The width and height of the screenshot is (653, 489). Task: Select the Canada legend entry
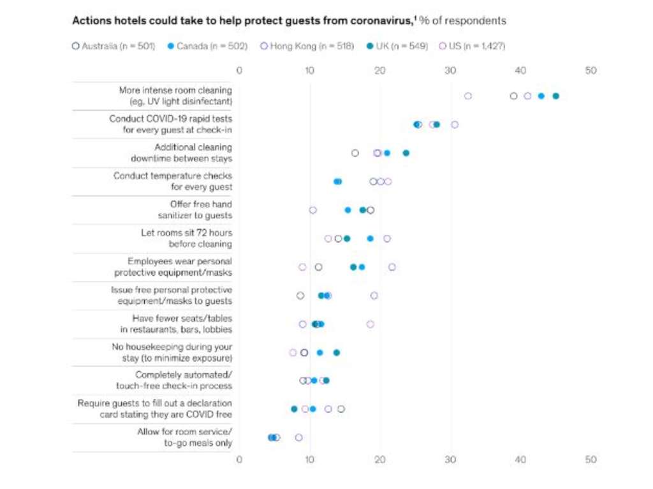point(207,46)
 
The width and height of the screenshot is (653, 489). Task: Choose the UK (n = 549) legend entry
point(397,46)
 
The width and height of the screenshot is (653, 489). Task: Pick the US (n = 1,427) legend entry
point(472,46)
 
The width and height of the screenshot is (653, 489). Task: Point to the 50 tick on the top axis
point(591,71)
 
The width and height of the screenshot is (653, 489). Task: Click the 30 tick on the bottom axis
point(450,459)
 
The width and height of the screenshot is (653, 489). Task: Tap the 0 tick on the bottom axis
point(239,459)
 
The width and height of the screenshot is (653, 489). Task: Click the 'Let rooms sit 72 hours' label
point(186,238)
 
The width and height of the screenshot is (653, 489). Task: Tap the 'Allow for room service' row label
point(184,437)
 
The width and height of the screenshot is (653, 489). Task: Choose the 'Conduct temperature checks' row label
point(172,181)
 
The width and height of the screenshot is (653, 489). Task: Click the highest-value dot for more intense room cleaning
point(555,96)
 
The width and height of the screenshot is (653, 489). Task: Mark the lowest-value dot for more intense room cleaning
point(468,96)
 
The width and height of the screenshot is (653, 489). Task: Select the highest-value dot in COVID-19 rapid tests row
point(455,124)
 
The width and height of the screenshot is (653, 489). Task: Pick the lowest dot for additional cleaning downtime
point(355,153)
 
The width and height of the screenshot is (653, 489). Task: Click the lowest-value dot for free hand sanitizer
point(312,210)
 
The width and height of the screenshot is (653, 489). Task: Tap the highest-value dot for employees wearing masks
point(392,267)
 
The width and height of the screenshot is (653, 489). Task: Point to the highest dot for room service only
point(298,437)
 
